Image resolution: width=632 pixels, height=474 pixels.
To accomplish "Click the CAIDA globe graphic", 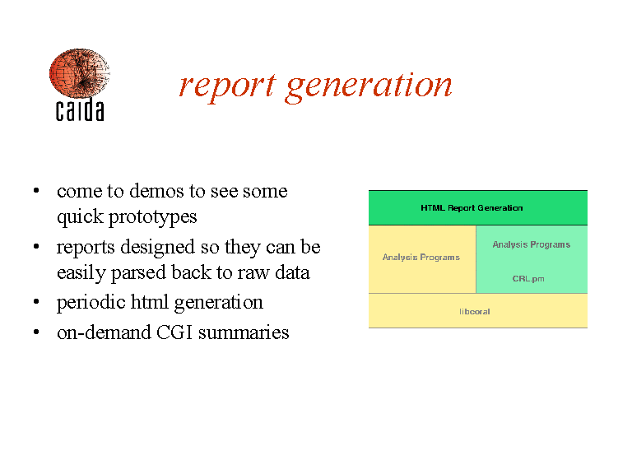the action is (79, 73).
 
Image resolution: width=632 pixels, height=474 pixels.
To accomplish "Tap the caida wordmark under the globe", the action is (80, 109).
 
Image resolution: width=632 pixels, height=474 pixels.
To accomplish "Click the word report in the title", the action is (228, 86).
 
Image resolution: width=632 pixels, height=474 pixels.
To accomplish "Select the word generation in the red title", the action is (369, 87).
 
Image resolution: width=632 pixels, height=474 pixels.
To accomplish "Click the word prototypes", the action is (153, 217).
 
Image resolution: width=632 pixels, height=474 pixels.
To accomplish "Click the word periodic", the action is (91, 303).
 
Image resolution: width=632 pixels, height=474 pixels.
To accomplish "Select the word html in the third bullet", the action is (150, 301).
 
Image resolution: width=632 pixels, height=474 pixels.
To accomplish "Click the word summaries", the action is (244, 333).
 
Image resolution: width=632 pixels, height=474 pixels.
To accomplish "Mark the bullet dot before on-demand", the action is (36, 332).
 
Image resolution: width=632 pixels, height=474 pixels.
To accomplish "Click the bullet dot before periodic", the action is (36, 301).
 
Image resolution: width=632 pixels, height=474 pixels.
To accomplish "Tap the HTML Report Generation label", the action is (472, 208).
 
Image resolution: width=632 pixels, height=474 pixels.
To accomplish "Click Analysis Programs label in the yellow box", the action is (421, 257).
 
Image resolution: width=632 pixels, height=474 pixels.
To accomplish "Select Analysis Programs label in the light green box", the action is (532, 244).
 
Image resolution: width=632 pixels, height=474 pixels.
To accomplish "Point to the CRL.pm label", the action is (528, 278).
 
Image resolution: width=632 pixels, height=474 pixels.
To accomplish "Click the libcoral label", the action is (474, 312).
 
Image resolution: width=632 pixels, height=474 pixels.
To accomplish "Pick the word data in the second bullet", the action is (292, 272).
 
